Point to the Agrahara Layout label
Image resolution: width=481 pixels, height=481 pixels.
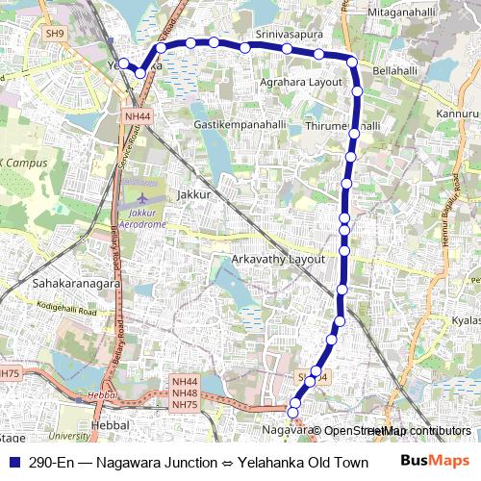tap(301, 83)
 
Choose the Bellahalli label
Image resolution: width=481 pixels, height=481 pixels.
tap(396, 72)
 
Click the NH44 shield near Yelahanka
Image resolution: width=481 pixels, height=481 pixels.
tap(137, 115)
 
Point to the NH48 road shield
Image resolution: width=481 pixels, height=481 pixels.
tap(184, 394)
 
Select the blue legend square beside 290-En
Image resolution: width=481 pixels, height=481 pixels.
tap(13, 462)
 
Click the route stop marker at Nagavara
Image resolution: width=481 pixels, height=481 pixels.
tap(293, 415)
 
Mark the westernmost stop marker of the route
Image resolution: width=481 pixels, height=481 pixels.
tap(123, 63)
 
